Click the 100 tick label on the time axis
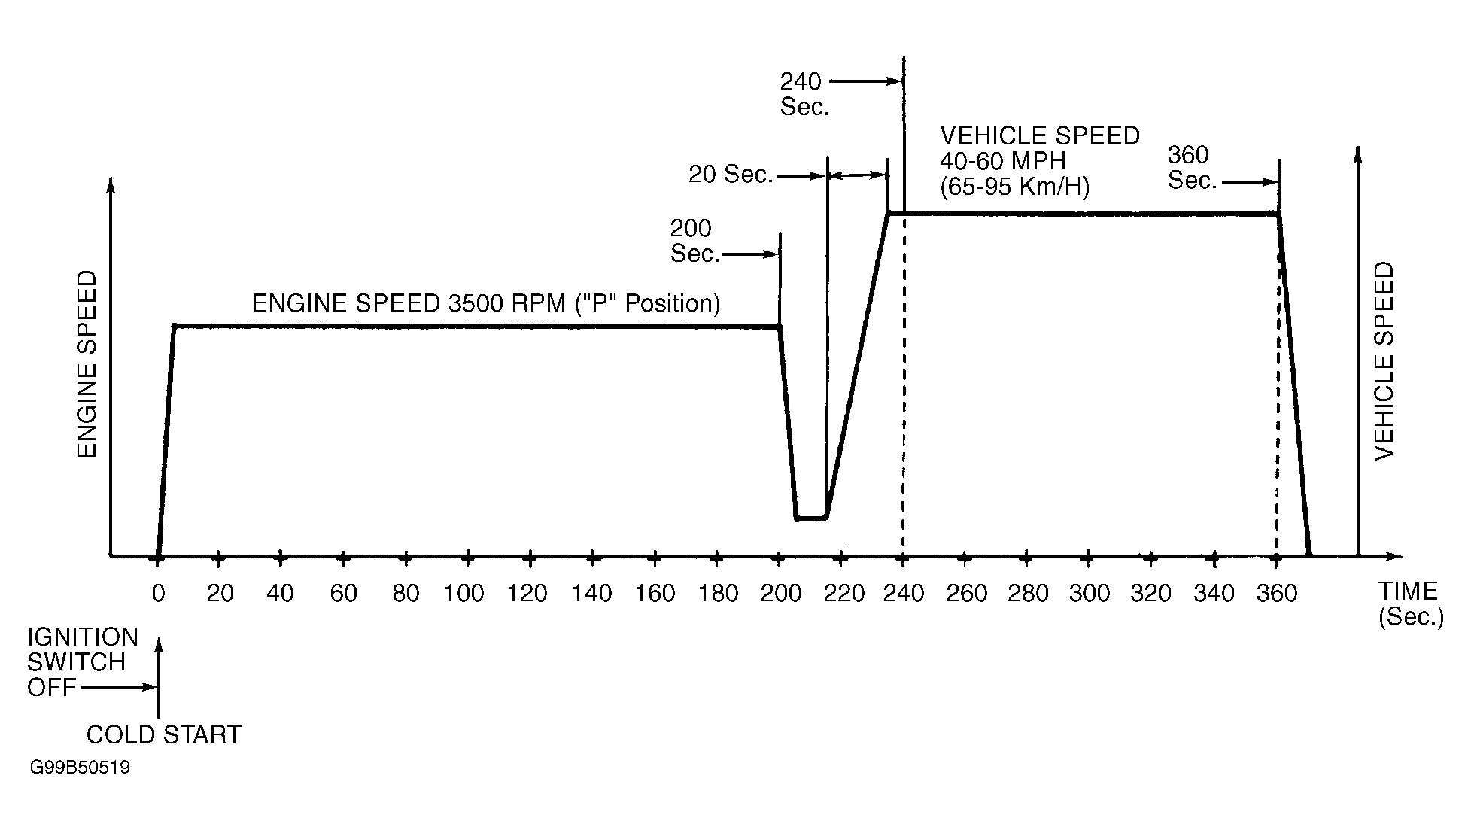(x=463, y=594)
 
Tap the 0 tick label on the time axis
(x=158, y=594)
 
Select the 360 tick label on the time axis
(x=1277, y=594)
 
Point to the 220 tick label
(x=843, y=594)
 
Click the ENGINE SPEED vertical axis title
(x=87, y=364)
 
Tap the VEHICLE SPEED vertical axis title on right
(x=1384, y=361)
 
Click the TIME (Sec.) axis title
(x=1410, y=603)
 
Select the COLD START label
(x=163, y=734)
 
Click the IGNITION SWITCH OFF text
(x=81, y=662)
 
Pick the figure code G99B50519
(x=80, y=768)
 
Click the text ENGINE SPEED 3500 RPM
(x=485, y=303)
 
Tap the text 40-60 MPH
(x=1003, y=161)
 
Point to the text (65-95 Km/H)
(x=1014, y=186)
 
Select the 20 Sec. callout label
(x=731, y=175)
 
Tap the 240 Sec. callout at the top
(x=804, y=93)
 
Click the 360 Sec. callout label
(x=1192, y=168)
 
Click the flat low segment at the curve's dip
(x=811, y=518)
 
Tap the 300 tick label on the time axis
(x=1089, y=594)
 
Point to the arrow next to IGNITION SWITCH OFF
(x=119, y=687)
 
